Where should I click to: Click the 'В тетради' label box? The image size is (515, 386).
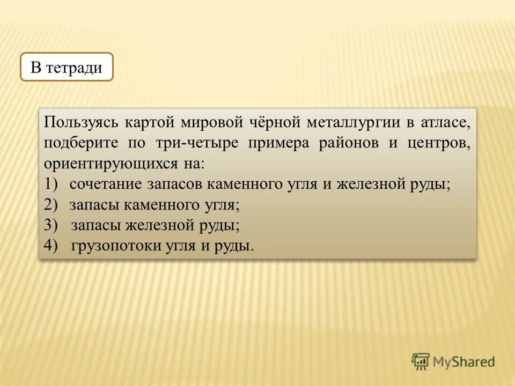point(67,67)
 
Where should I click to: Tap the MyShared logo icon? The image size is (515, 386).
point(421,362)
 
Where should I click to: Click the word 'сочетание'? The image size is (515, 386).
point(106,184)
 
